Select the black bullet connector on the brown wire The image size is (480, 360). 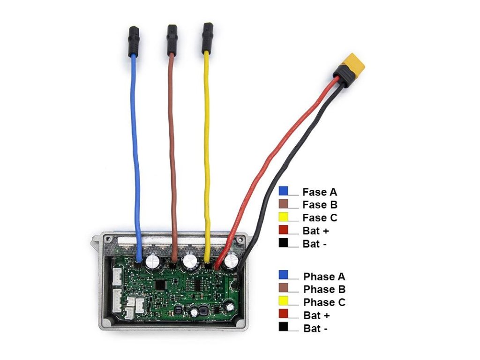[x=172, y=38]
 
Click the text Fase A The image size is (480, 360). [x=320, y=192]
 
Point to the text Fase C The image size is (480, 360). [x=320, y=217]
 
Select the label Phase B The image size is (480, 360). [x=324, y=289]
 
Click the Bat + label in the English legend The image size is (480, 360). [x=315, y=315]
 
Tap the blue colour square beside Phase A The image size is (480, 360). [x=283, y=276]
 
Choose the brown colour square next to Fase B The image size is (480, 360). [x=283, y=204]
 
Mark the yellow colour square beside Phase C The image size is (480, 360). [x=283, y=301]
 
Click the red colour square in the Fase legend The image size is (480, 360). [x=283, y=230]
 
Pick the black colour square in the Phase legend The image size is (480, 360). [x=283, y=328]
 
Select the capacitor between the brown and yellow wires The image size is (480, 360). [x=191, y=261]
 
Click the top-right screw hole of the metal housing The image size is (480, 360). [x=240, y=239]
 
